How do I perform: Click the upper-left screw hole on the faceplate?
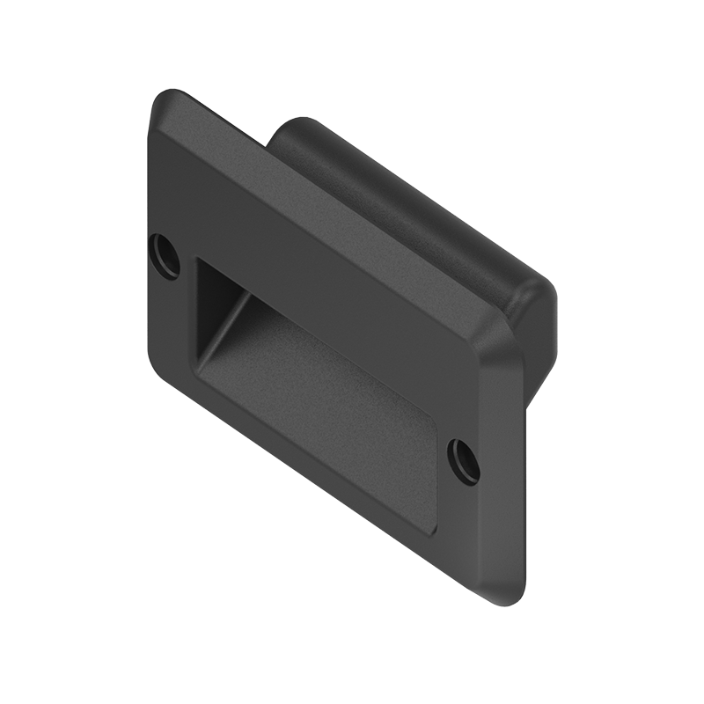coord(165,252)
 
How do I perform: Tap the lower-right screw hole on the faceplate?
coord(464,458)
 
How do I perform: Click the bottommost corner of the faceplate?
coord(509,603)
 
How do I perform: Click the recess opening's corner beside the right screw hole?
coord(437,422)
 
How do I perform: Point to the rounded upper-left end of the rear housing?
coord(290,132)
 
